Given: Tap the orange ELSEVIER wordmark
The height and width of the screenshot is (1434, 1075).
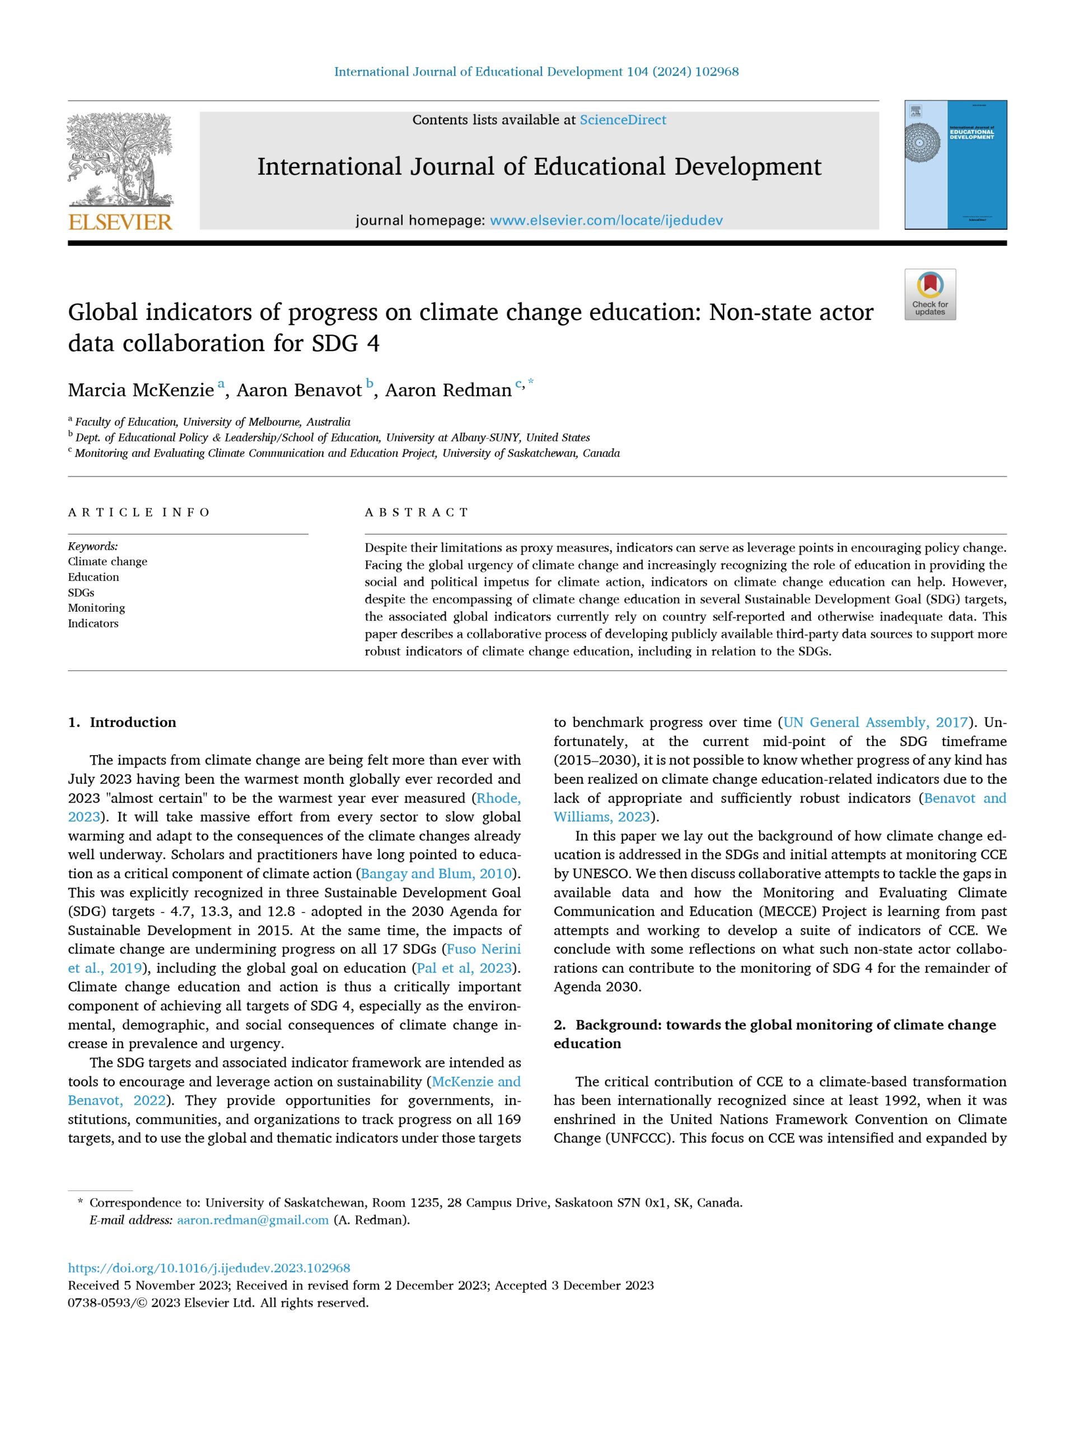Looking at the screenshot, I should coord(120,222).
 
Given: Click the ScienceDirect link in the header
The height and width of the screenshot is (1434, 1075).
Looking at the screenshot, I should coord(622,120).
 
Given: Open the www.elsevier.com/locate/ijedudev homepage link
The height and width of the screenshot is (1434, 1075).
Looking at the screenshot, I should coord(606,220).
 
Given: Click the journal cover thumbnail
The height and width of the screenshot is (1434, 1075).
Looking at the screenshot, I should coord(955,165).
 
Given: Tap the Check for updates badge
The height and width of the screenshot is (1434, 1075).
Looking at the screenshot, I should coord(930,294).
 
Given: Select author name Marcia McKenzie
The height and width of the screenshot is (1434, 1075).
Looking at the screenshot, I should coord(141,390).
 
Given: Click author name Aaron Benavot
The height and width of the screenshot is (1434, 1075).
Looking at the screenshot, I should coord(299,390).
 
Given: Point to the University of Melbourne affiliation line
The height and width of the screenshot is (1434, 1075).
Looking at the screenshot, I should coord(213,421).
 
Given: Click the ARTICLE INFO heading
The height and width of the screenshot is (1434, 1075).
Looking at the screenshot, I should coord(139,512).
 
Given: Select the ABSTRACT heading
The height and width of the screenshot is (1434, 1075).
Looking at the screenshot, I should coord(417,512).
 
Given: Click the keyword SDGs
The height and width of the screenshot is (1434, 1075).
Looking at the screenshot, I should coord(81,593).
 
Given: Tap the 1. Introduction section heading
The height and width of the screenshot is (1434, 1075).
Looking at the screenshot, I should coord(123,722).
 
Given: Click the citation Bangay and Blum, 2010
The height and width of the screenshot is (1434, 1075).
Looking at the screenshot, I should coord(436,873).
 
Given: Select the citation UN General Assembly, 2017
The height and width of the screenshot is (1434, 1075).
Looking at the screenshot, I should coord(875,722).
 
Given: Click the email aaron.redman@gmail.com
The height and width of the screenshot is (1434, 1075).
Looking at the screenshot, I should coord(253,1220).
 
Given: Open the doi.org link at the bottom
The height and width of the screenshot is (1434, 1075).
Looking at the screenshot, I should coord(209,1268).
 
